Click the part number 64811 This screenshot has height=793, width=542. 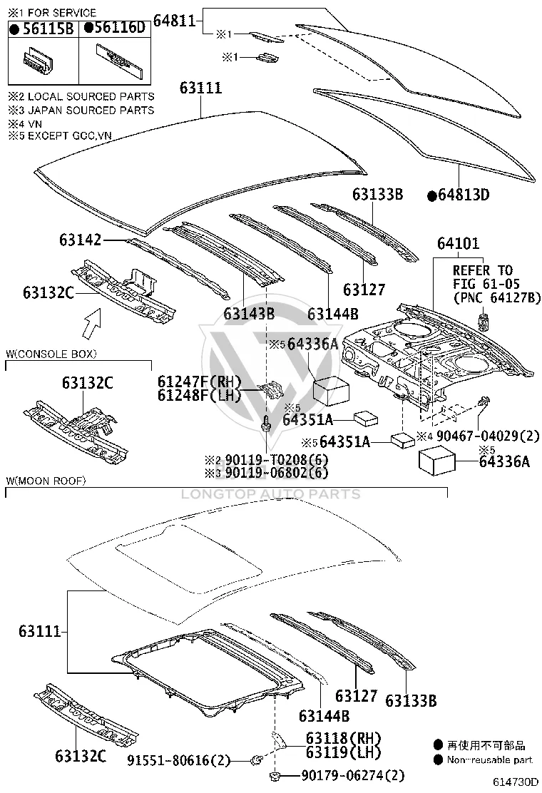click(174, 21)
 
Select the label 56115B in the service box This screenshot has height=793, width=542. click(48, 29)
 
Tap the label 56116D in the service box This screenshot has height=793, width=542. click(120, 28)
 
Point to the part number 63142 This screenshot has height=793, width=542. click(81, 240)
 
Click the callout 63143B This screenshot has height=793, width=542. click(249, 314)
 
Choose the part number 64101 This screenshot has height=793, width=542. click(458, 244)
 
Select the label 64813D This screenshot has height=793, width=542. click(464, 195)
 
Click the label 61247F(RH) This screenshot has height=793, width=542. click(200, 382)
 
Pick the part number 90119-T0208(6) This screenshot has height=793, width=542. click(277, 460)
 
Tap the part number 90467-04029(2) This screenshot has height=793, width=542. click(488, 436)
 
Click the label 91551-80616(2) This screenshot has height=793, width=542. click(178, 760)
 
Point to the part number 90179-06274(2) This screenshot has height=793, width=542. click(353, 774)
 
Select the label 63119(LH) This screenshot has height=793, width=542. click(343, 752)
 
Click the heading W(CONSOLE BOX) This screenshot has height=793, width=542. click(51, 354)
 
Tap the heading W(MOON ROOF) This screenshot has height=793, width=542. click(46, 481)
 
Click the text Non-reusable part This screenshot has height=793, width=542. click(490, 759)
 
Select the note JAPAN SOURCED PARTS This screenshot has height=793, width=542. click(91, 111)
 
